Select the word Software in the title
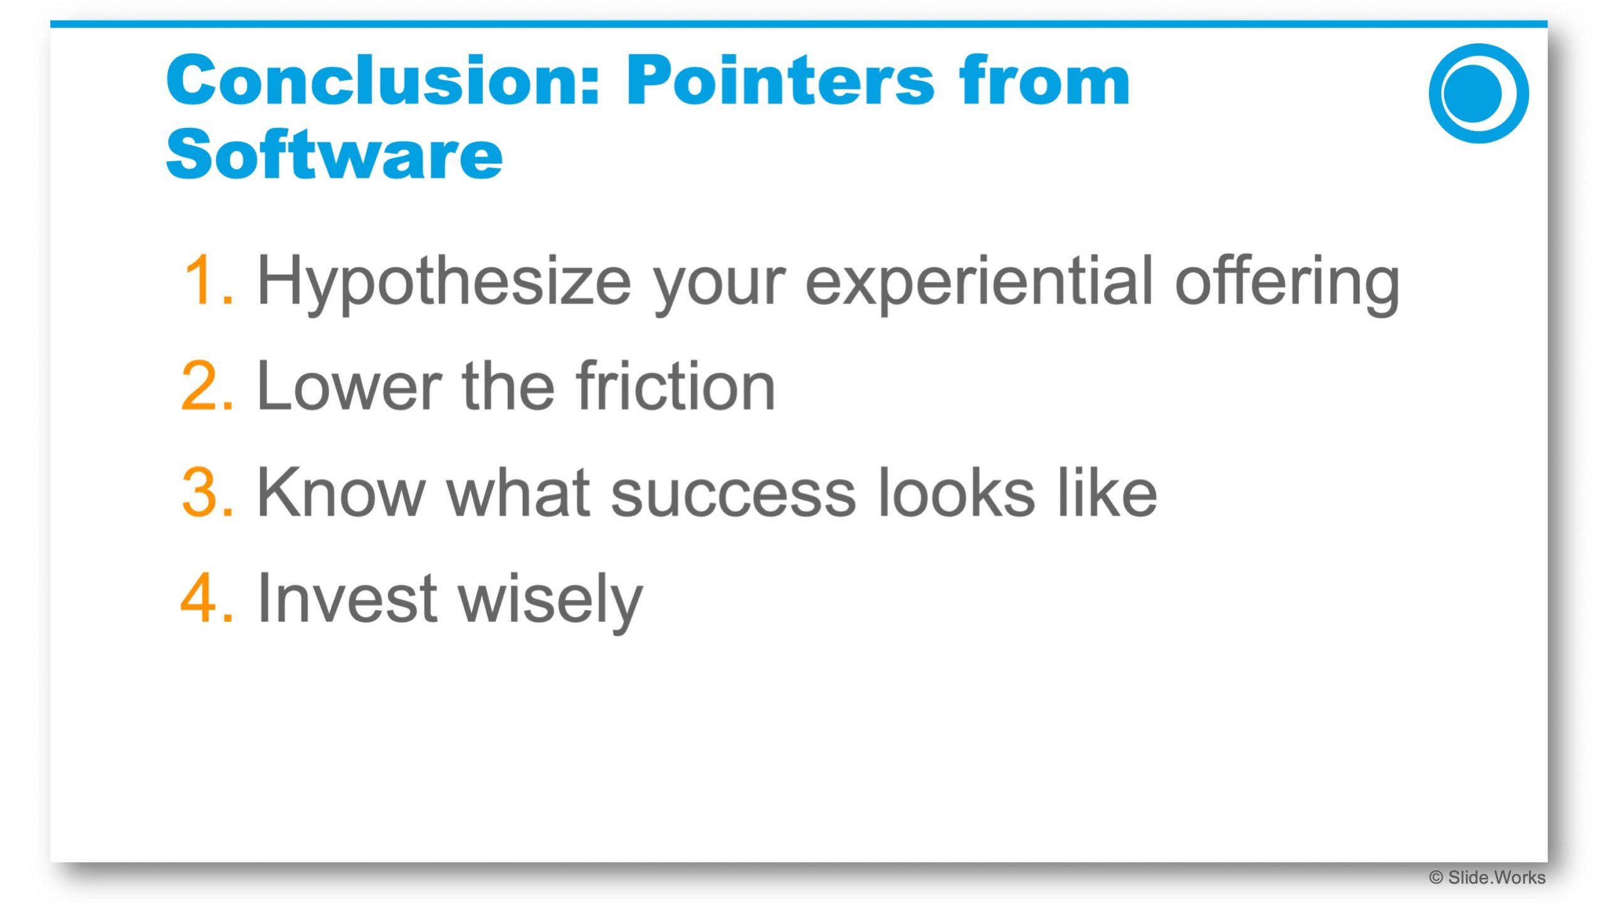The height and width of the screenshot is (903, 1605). pyautogui.click(x=334, y=154)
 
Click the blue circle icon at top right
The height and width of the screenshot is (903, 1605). pyautogui.click(x=1478, y=93)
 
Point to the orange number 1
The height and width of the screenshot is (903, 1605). pyautogui.click(x=208, y=280)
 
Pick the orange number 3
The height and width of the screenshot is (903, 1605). pyautogui.click(x=207, y=492)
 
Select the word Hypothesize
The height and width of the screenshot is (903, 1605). pyautogui.click(x=444, y=283)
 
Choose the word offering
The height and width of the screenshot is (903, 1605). pyautogui.click(x=1287, y=283)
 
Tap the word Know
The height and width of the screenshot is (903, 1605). pyautogui.click(x=341, y=492)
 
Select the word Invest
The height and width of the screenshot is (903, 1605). pyautogui.click(x=347, y=598)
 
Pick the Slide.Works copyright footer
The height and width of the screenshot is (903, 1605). pyautogui.click(x=1487, y=878)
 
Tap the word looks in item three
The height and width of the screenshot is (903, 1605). pyautogui.click(x=956, y=492)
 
